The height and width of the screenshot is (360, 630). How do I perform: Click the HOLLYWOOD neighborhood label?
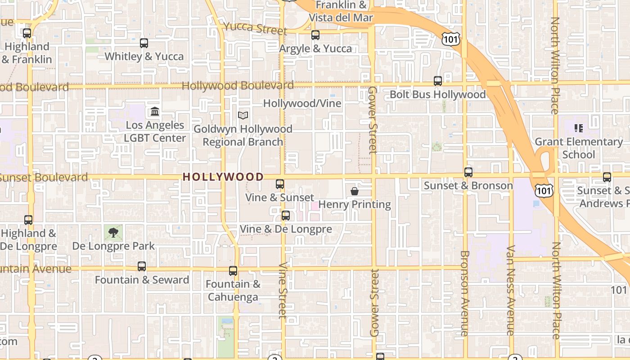(x=223, y=177)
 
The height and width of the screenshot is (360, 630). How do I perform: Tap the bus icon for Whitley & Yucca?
(x=144, y=43)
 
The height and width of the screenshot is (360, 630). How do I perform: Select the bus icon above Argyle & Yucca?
(x=315, y=35)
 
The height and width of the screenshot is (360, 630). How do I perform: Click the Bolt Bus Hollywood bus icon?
(x=438, y=81)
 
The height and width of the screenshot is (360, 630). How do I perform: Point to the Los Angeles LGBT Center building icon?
(x=155, y=111)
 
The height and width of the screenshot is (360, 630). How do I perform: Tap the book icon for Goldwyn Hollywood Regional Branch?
(x=243, y=116)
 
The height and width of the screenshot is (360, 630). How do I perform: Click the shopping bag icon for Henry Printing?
(x=355, y=191)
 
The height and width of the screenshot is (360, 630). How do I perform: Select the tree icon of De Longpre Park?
(x=113, y=233)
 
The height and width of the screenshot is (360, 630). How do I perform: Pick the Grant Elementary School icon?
(x=579, y=128)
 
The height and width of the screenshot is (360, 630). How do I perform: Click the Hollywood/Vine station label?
(x=302, y=103)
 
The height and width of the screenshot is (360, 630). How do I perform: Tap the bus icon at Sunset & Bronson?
(x=468, y=172)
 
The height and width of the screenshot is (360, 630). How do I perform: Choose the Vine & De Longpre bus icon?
(x=286, y=216)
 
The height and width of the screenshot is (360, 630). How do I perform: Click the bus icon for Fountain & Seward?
(x=142, y=266)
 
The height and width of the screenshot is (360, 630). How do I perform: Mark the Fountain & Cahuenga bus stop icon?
(x=233, y=271)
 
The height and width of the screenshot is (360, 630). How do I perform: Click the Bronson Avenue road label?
(x=465, y=292)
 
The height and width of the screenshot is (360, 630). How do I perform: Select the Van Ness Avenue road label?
(x=510, y=290)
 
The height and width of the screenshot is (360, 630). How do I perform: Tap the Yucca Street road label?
(x=255, y=28)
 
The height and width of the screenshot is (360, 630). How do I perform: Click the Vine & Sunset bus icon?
(x=280, y=184)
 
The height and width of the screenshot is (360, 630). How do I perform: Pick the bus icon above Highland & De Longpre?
(x=28, y=220)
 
